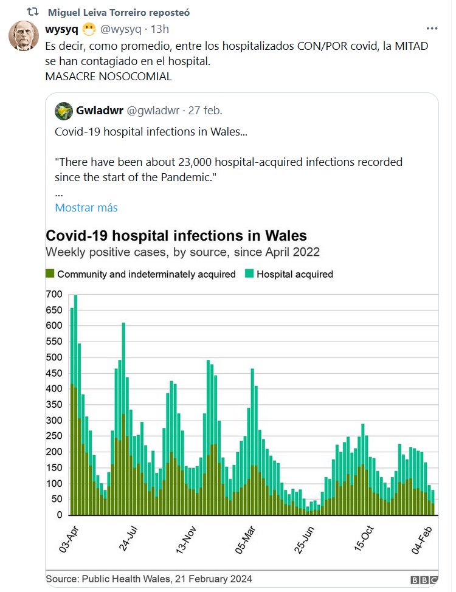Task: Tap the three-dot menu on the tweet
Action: (x=432, y=29)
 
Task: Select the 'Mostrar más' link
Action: (x=86, y=207)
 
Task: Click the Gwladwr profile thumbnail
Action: (x=64, y=111)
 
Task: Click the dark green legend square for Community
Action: (x=50, y=274)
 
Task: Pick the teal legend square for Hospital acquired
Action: (x=249, y=274)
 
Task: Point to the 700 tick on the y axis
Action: (x=55, y=294)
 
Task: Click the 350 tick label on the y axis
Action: (x=55, y=405)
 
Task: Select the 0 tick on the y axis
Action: (x=59, y=515)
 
